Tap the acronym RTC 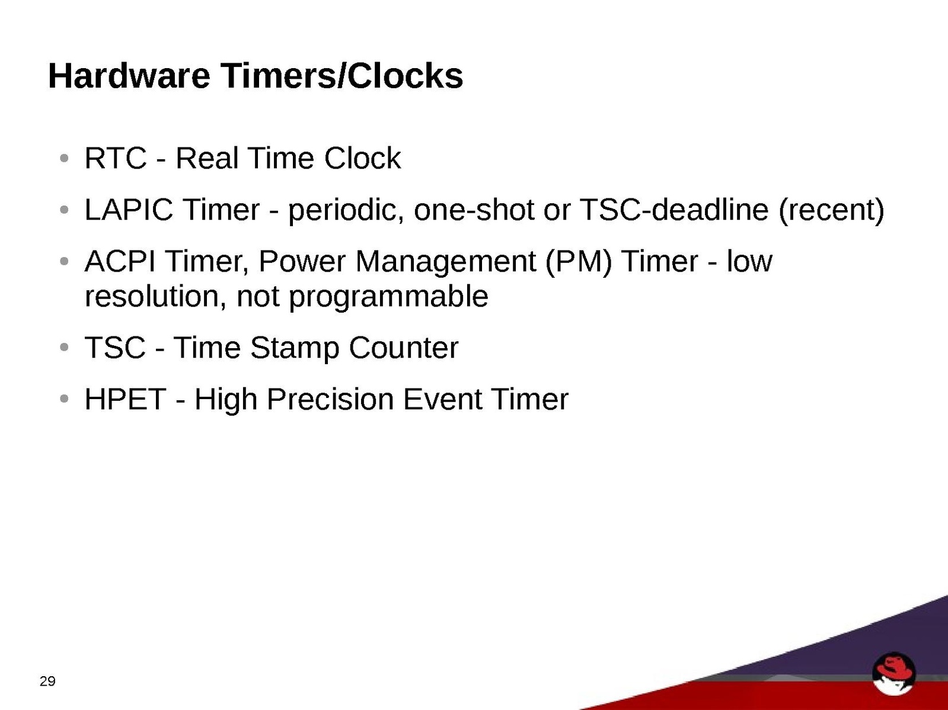pos(116,158)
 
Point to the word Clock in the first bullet pos(362,158)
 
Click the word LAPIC pos(129,210)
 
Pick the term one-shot pos(474,210)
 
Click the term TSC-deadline pos(674,210)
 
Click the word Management pos(445,262)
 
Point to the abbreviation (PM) pos(578,262)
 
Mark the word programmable pos(388,297)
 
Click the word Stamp pos(295,349)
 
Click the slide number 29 pos(47,681)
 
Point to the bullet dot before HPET pos(65,399)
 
